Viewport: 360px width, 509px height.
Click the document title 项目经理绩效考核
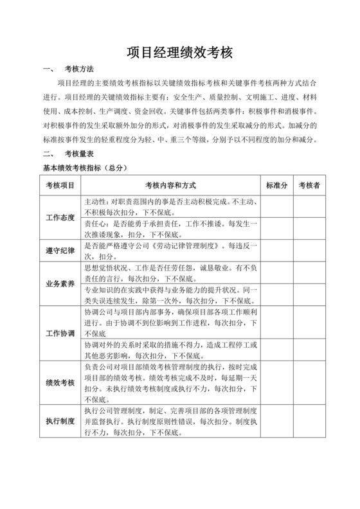pyautogui.click(x=179, y=52)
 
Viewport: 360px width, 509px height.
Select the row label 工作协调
pyautogui.click(x=60, y=334)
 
